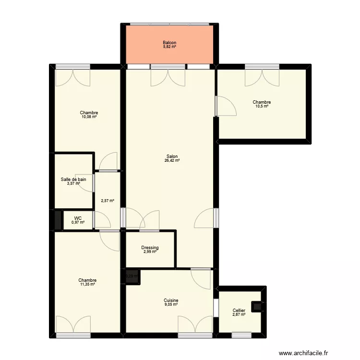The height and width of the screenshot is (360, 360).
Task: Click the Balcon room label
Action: point(169,43)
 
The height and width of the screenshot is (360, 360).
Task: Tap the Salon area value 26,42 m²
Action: point(172,161)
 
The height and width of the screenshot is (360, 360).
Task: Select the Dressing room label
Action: point(150,248)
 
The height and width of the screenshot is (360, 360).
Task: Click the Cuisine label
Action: point(171,300)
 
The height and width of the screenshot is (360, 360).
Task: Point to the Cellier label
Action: point(239,311)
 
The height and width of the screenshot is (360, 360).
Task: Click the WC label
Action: point(78,218)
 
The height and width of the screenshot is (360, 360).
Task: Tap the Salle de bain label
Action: point(73,180)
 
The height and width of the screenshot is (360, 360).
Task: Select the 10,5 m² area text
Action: point(262,106)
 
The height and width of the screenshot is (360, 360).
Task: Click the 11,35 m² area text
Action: point(87,284)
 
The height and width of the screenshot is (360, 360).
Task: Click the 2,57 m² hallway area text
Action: point(107,201)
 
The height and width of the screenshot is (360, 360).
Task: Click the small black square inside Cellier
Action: point(258,306)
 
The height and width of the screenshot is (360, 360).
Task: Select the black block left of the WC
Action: point(58,220)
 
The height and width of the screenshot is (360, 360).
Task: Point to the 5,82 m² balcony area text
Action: point(169,47)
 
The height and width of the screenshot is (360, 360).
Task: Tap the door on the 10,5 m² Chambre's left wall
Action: point(226,106)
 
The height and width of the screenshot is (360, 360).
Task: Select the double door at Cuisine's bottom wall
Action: point(195,325)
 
